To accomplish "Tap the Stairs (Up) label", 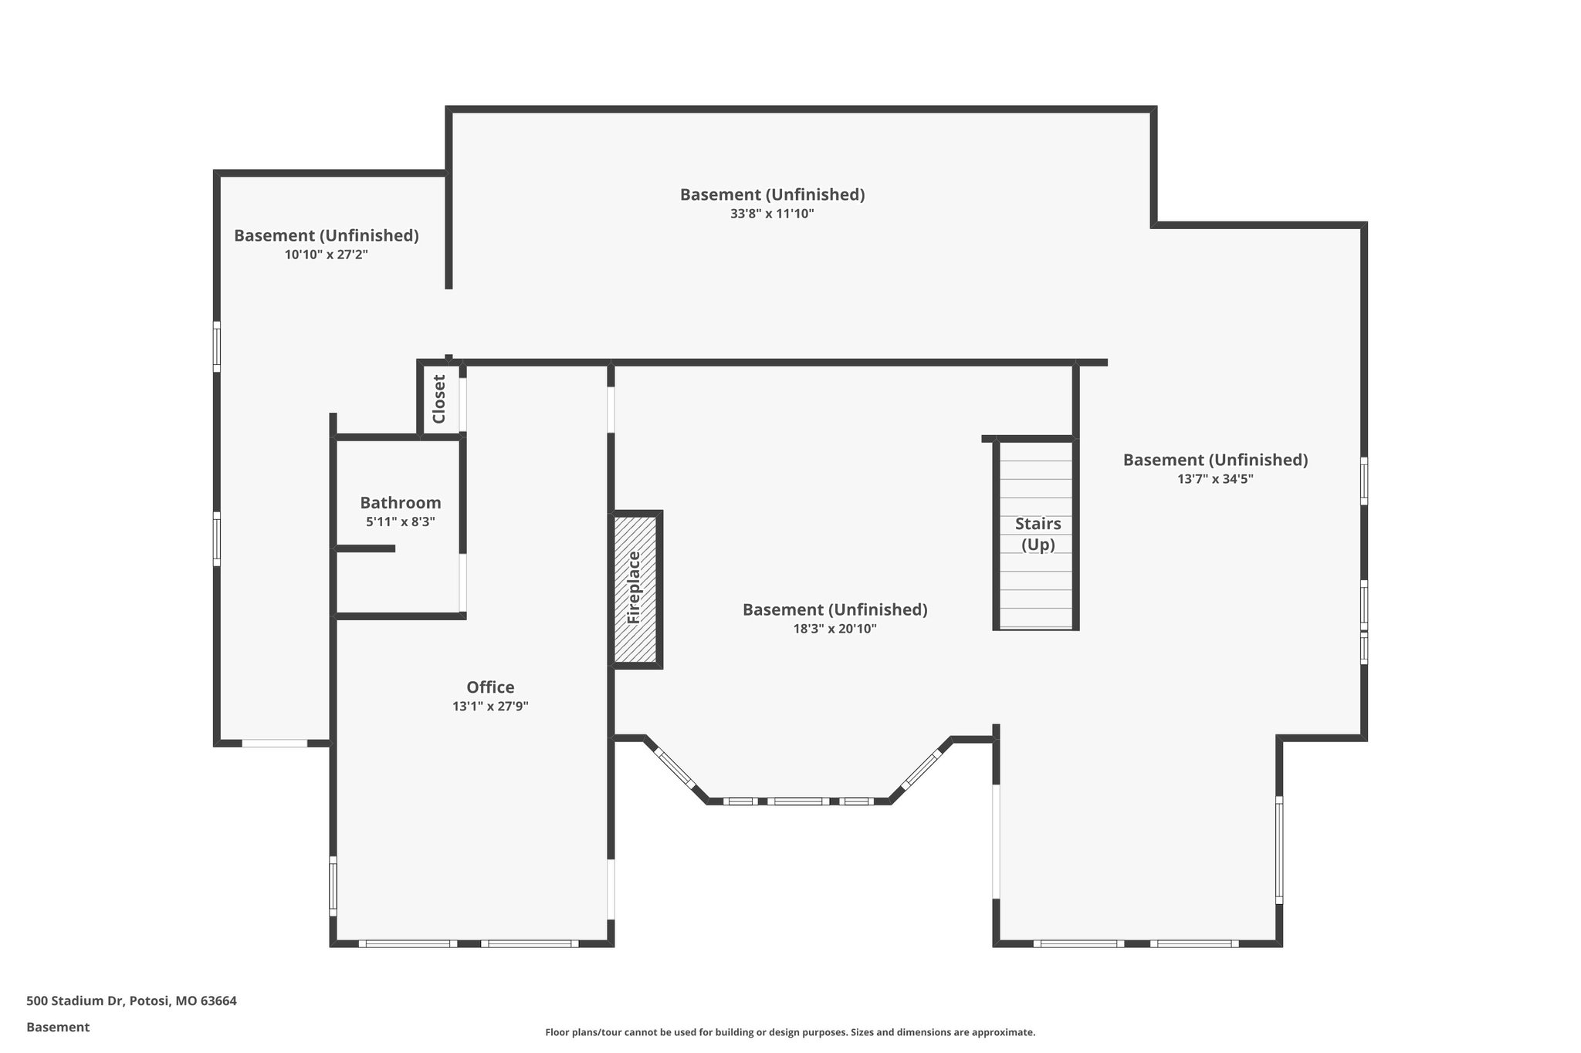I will [x=1038, y=534].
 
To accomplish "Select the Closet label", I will [x=439, y=399].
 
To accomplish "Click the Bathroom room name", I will [x=400, y=503].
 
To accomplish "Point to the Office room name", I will [x=490, y=687].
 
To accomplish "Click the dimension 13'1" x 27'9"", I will [x=490, y=706].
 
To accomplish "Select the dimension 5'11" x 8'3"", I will [x=400, y=521].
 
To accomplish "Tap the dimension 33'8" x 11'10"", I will [x=772, y=214].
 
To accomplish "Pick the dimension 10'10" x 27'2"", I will [x=326, y=255].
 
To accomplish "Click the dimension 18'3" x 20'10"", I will [x=835, y=629].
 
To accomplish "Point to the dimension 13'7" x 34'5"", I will [x=1215, y=479].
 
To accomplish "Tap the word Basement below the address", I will [x=58, y=1027].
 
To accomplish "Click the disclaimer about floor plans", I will [x=790, y=1032].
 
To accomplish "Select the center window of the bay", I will [x=797, y=802].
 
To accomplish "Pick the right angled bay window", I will [x=922, y=769].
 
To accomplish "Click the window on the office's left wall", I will [x=333, y=886].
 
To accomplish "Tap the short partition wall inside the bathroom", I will [x=365, y=548].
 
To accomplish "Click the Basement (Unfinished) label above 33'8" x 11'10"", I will [x=772, y=194].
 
